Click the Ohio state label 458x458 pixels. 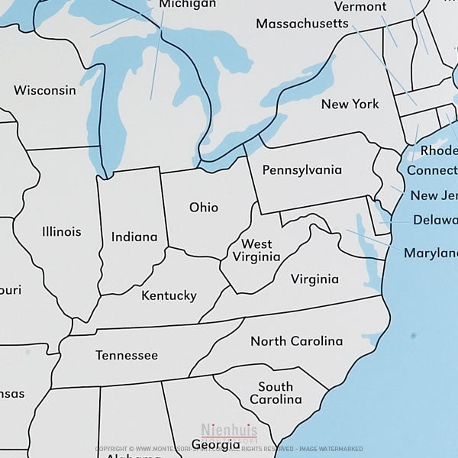tap(204, 208)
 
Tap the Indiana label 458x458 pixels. tap(134, 237)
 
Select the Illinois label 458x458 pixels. tap(62, 231)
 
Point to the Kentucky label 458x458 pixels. tap(169, 295)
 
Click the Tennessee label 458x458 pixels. tap(127, 356)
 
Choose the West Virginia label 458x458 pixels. tap(256, 250)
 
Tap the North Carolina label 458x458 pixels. tap(296, 341)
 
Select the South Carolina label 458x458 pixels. tap(276, 393)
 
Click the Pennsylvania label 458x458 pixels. tap(302, 170)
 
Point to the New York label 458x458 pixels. tap(350, 104)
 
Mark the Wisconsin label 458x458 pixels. tap(45, 90)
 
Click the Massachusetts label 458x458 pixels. tap(302, 24)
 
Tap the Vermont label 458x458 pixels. tap(360, 7)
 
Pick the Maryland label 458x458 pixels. tap(431, 253)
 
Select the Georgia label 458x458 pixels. tap(215, 444)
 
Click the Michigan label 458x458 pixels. tap(188, 5)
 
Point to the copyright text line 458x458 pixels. tap(228, 449)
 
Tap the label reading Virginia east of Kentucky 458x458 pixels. tap(314, 279)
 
